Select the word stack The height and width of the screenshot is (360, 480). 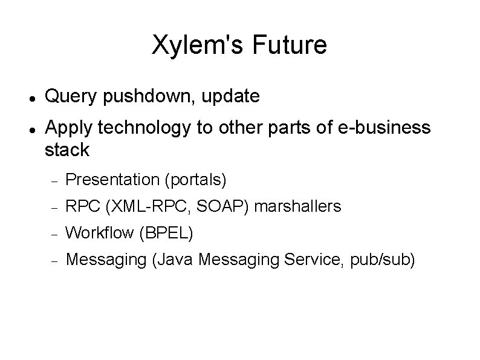coord(67,150)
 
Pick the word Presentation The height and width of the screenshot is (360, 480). coord(111,180)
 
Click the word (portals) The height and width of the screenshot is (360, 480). coord(195,180)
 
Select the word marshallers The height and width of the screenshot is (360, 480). coord(298,206)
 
